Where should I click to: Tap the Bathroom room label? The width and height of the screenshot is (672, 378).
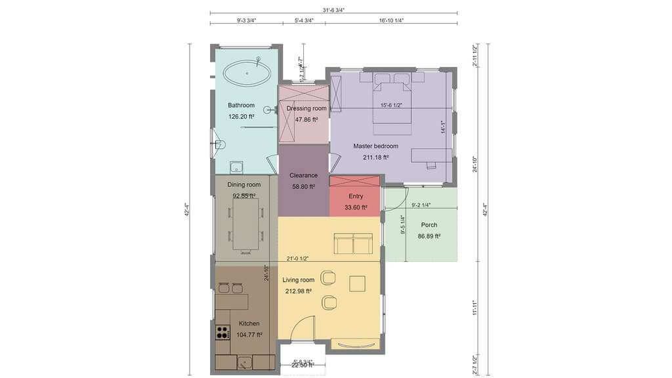point(241,105)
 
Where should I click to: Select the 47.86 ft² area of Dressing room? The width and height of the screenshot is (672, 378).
point(306,119)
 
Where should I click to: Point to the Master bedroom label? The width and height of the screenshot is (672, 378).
point(375,146)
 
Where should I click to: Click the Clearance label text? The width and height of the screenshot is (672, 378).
point(303,175)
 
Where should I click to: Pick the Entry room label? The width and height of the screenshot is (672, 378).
point(356,196)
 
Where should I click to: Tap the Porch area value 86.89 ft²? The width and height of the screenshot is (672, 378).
point(429,236)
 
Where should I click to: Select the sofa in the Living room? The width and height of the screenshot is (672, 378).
point(353,243)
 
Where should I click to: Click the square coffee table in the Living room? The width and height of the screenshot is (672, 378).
point(358,283)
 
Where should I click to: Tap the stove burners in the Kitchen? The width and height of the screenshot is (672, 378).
point(222,332)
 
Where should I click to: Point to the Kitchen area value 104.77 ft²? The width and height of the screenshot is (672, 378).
point(249,335)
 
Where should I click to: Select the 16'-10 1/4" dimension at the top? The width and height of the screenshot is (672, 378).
point(391,20)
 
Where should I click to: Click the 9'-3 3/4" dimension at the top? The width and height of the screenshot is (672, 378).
point(246,20)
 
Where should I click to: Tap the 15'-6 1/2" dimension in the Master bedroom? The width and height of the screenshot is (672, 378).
point(391,105)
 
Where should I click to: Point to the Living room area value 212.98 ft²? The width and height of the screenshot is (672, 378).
point(297,291)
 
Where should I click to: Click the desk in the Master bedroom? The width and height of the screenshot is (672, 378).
point(431,155)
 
